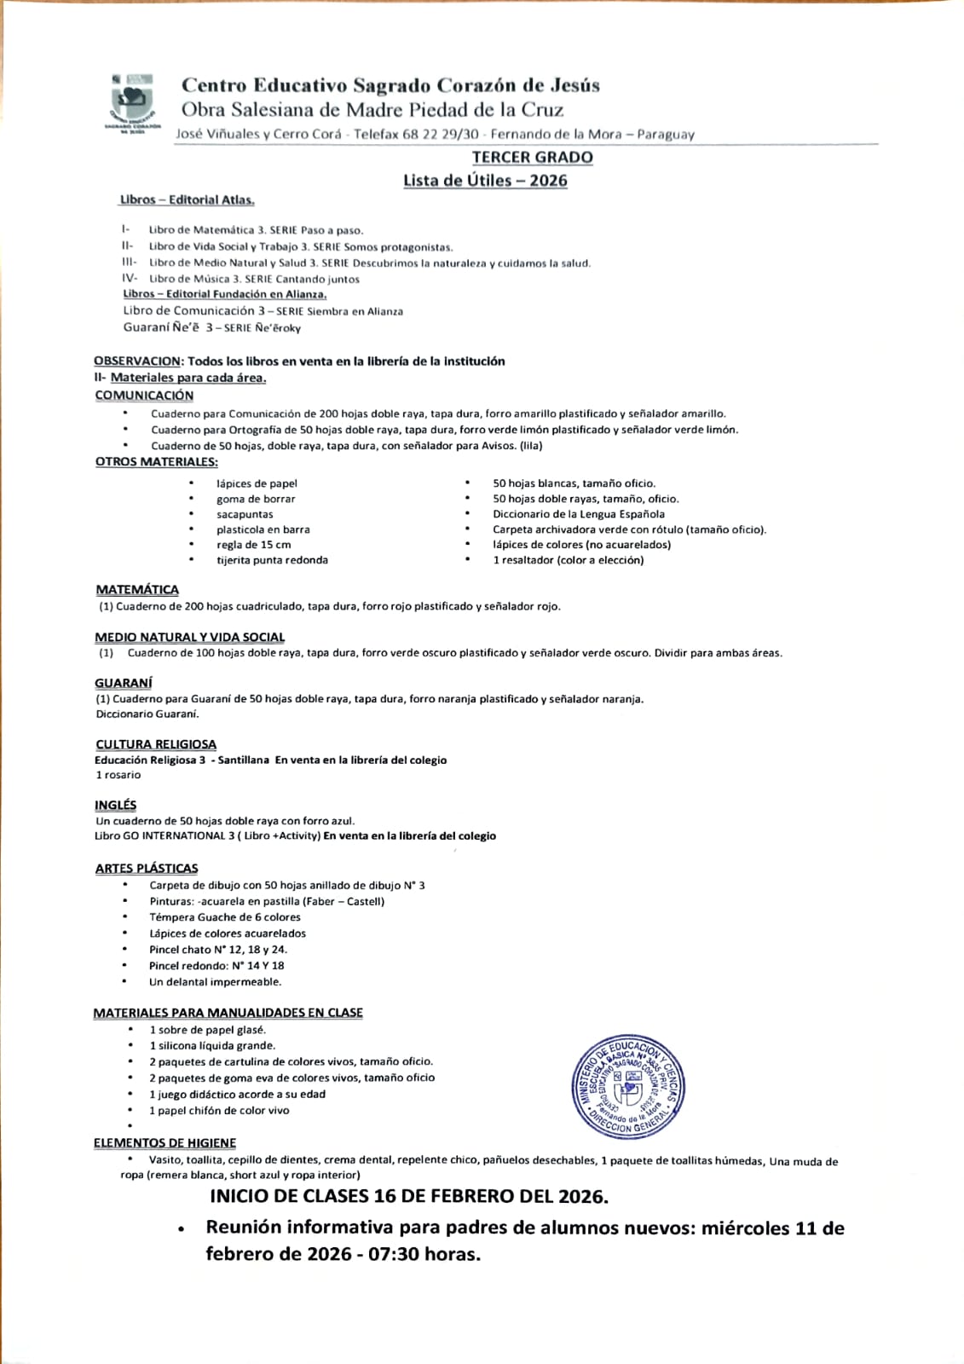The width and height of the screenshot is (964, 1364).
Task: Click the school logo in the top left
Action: (133, 105)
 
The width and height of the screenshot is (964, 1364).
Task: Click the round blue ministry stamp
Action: (628, 1088)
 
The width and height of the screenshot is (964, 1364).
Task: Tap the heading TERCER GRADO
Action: (533, 158)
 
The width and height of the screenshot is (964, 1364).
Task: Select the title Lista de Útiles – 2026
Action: (485, 181)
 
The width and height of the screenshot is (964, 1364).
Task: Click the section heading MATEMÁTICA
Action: (137, 590)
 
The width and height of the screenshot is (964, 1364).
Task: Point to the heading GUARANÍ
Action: (124, 683)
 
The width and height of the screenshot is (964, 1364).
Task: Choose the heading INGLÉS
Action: (115, 806)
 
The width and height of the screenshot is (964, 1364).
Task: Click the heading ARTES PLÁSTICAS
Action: (147, 869)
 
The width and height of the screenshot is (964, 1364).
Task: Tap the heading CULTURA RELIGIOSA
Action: (156, 744)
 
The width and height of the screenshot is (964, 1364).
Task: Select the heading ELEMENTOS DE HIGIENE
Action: (165, 1143)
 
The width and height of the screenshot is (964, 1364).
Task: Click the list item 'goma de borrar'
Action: (256, 499)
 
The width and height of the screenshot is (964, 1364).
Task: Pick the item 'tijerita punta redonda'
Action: (272, 560)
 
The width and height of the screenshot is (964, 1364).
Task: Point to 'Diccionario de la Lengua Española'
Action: (579, 514)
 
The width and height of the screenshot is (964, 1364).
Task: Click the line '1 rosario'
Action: (118, 775)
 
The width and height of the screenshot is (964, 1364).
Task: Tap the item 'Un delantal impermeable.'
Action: (215, 982)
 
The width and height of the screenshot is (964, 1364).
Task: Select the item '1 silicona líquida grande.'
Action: (212, 1046)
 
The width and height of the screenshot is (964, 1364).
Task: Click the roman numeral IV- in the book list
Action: (130, 279)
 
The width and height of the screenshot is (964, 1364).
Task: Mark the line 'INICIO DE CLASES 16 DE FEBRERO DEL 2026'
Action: (409, 1197)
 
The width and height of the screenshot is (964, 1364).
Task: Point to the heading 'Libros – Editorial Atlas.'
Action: (188, 200)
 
